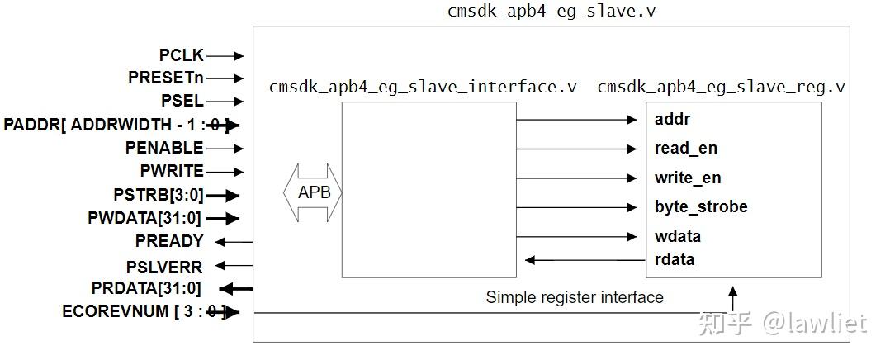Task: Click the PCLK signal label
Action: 181,55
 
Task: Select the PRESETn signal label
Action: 166,78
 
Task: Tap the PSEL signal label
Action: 182,102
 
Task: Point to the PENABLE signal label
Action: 164,148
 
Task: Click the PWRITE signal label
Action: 172,171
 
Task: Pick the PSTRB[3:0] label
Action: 159,196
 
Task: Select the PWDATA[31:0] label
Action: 144,219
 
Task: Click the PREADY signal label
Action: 169,241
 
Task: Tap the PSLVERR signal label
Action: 164,266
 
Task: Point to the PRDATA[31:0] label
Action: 146,288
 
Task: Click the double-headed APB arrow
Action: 313,192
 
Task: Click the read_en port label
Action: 685,149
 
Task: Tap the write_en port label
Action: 688,178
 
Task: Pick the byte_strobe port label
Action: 701,207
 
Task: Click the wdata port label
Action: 678,236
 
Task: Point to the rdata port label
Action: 675,260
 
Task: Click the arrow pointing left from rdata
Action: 586,260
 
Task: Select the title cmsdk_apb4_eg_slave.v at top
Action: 552,11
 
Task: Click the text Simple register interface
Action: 575,297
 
